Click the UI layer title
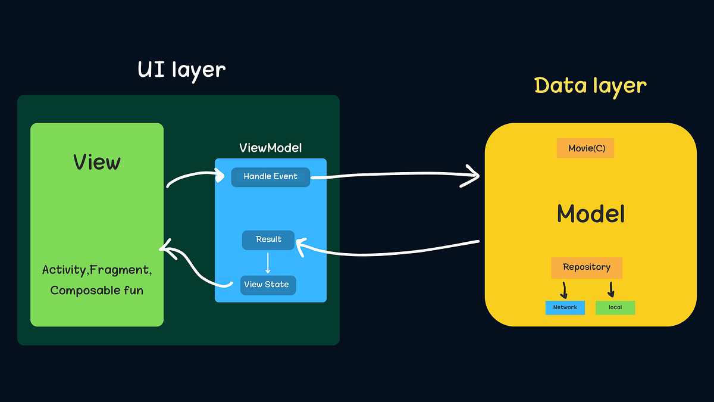181,70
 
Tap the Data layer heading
590,86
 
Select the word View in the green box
97,162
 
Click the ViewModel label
271,148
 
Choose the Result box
268,239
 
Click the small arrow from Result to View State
268,263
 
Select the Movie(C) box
585,148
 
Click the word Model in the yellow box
591,214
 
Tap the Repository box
587,267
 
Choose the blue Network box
565,307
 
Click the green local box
615,307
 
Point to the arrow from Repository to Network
564,291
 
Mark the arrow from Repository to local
611,290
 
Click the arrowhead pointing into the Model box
474,176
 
